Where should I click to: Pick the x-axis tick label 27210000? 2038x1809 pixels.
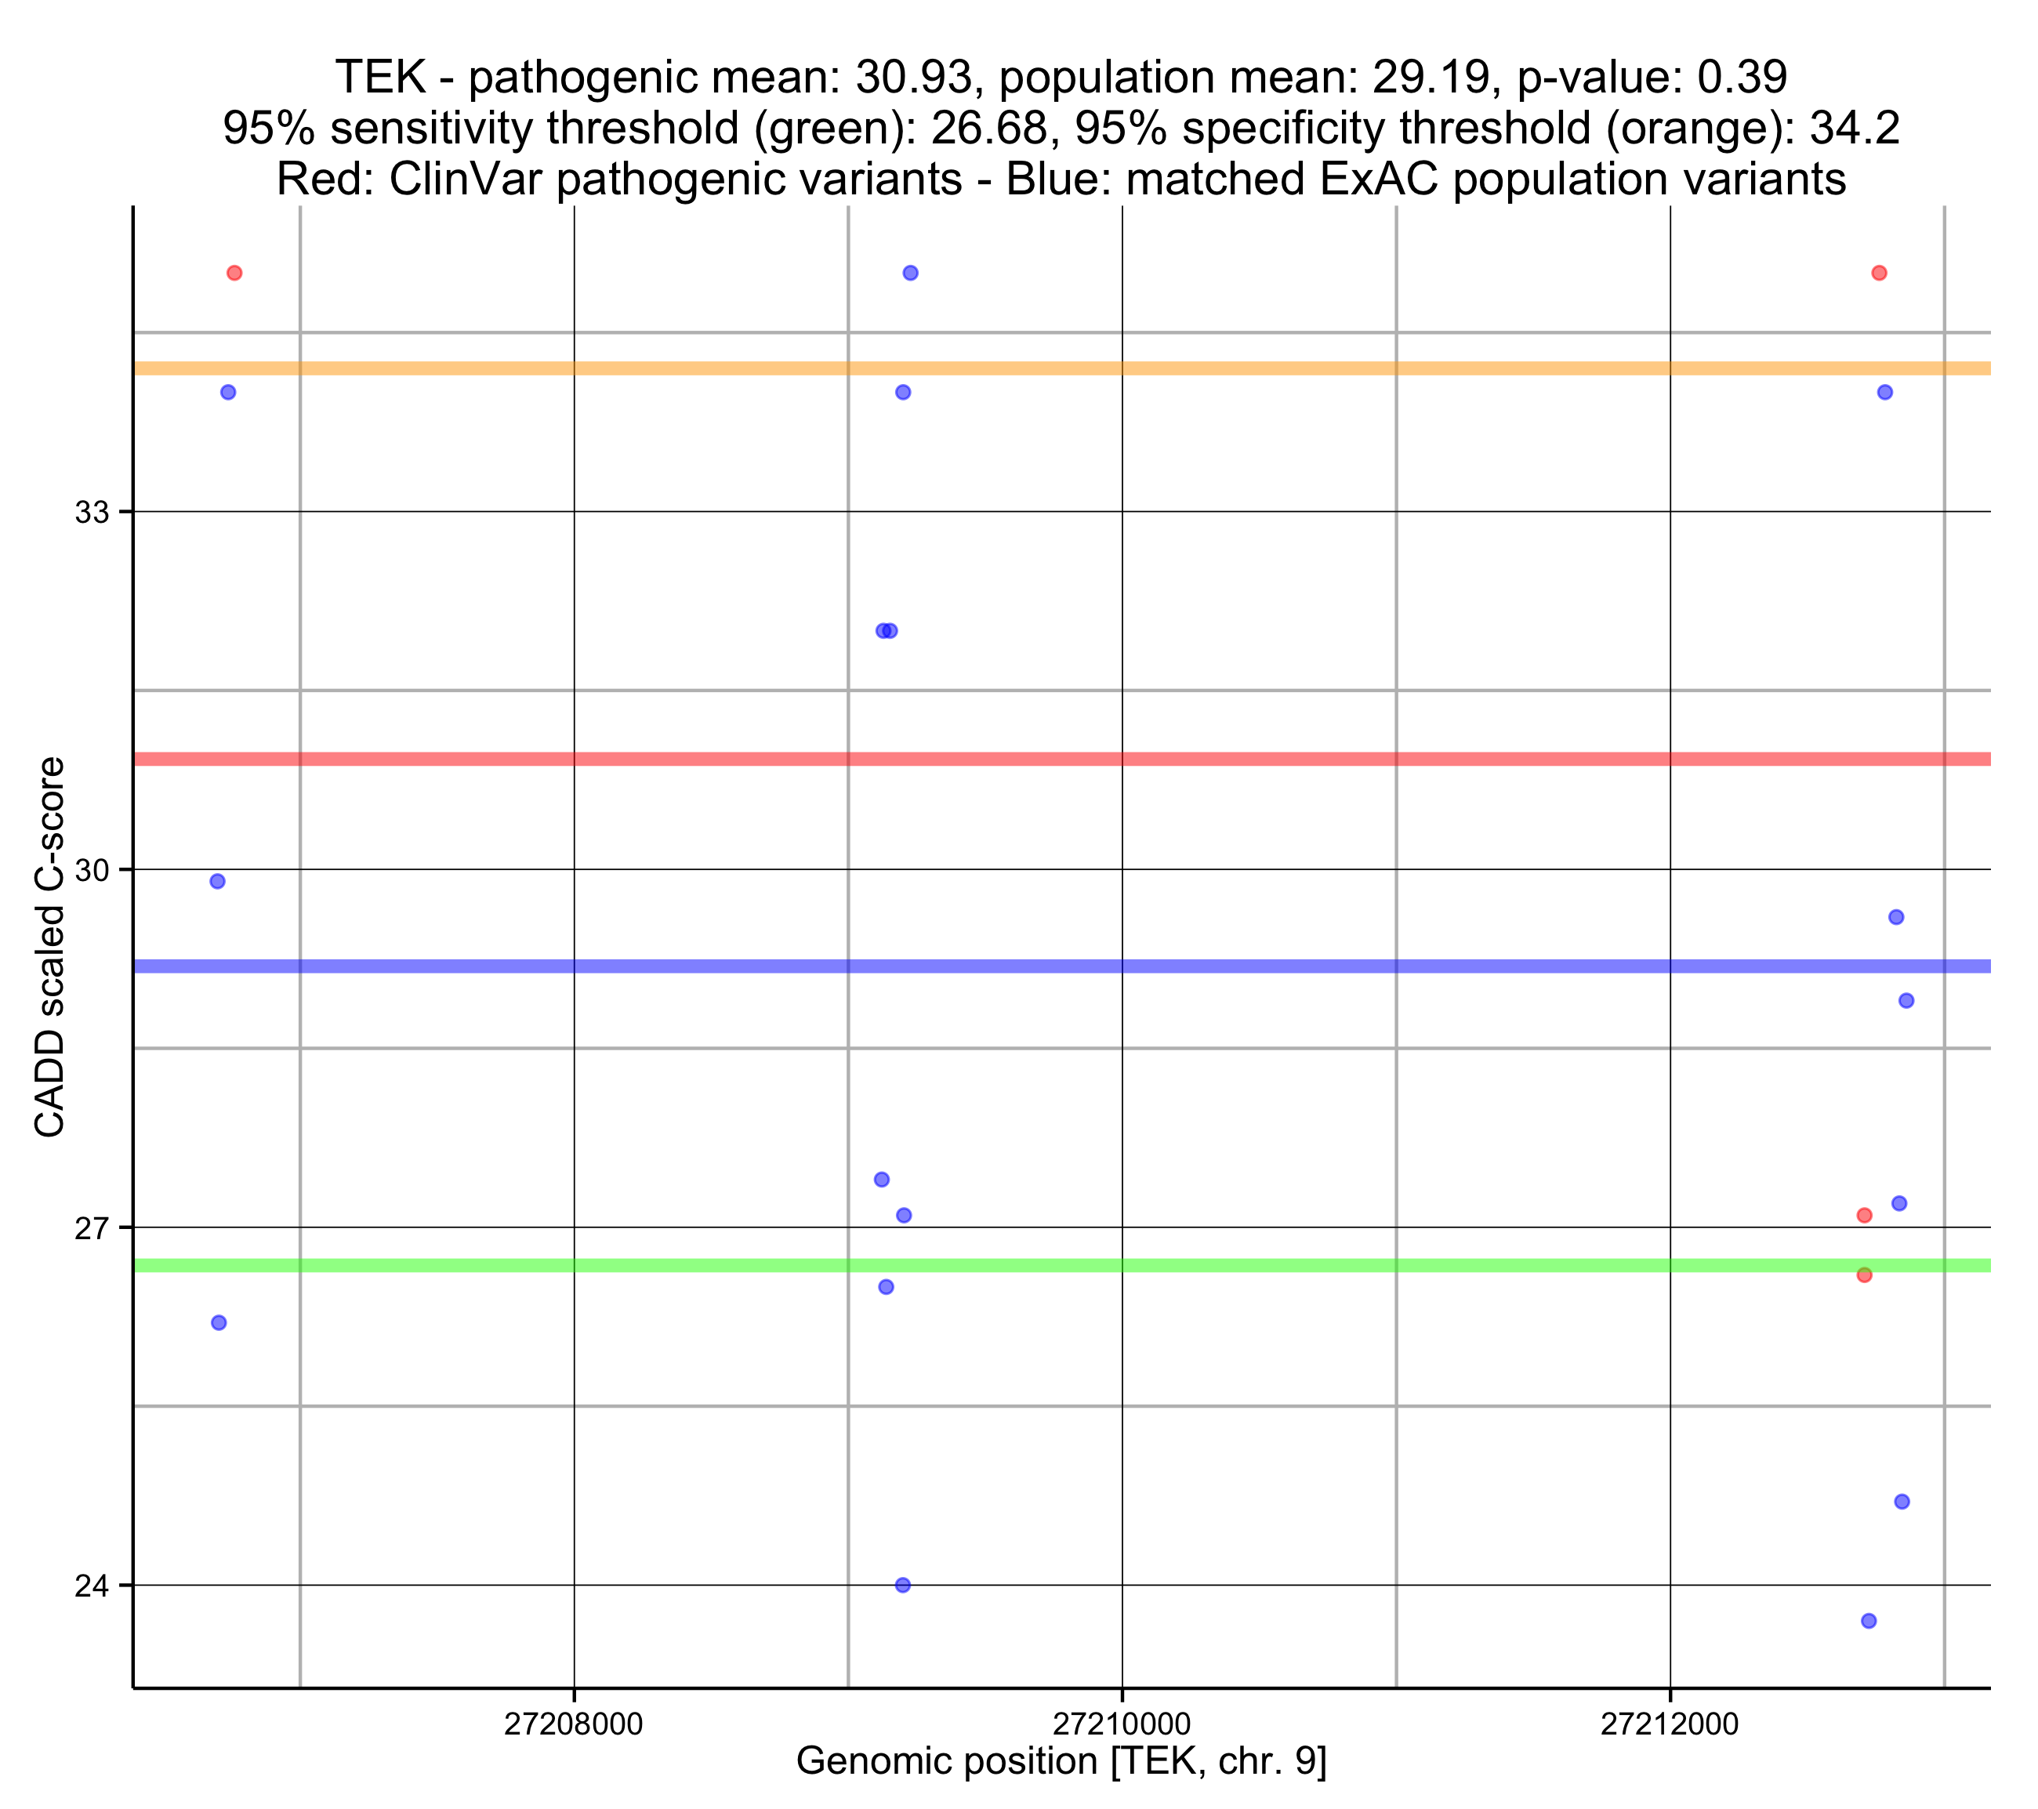1122,1724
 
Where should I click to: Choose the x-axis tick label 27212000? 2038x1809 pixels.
1670,1724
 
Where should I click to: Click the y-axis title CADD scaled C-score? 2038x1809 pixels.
50,948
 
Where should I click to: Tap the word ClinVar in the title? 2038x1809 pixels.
458,179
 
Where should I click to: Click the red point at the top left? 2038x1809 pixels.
234,274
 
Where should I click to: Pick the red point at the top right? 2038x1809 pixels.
1880,274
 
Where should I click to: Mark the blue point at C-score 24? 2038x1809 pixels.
902,1586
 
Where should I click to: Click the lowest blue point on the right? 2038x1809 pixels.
1869,1622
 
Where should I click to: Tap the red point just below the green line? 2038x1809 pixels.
1865,1275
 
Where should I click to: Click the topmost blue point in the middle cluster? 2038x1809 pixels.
910,274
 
